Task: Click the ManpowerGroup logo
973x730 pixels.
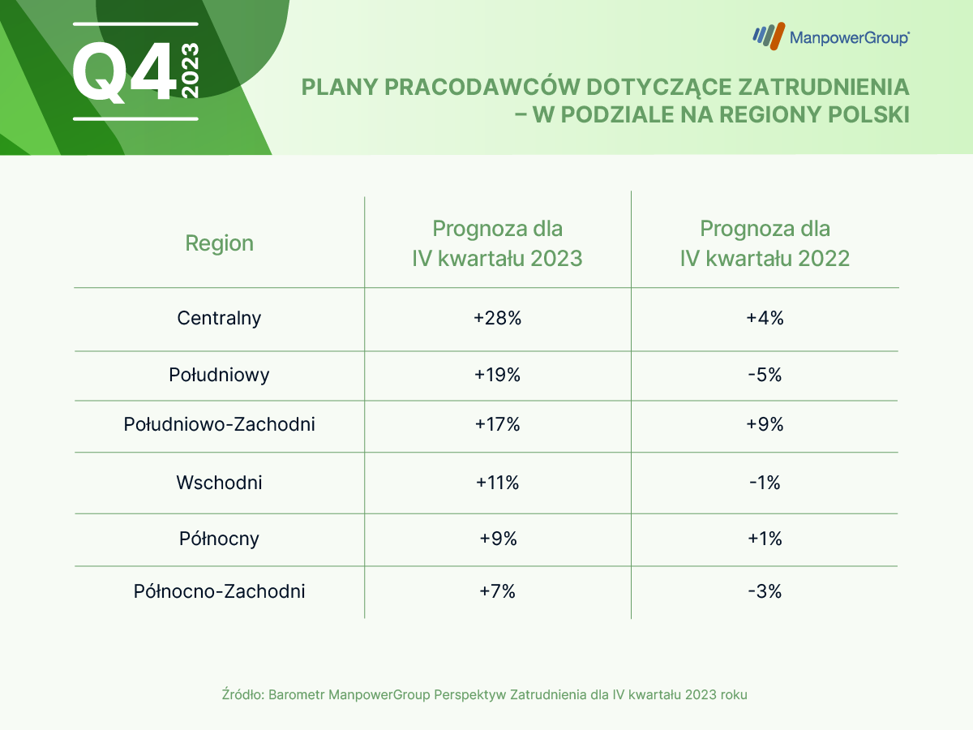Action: (830, 36)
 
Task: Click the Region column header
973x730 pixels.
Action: (219, 243)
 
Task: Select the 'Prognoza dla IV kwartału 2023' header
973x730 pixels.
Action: (497, 243)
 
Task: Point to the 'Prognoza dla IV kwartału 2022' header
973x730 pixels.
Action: (765, 243)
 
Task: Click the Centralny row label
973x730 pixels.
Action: (219, 318)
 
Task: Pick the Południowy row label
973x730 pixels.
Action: (219, 375)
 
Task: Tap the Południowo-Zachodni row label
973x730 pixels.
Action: (219, 424)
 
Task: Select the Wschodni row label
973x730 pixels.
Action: (219, 483)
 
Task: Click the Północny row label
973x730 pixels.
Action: (219, 539)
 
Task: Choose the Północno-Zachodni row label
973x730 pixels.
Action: (219, 591)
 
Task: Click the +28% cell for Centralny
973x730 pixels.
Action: (497, 318)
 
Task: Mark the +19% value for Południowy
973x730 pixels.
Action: (497, 375)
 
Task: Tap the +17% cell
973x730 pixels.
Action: (497, 424)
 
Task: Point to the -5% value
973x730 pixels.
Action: (765, 375)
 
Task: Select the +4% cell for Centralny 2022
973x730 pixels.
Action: (765, 318)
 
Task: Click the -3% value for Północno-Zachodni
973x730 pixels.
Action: (765, 591)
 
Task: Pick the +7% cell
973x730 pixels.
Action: (497, 591)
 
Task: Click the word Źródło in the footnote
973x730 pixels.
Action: (241, 695)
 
